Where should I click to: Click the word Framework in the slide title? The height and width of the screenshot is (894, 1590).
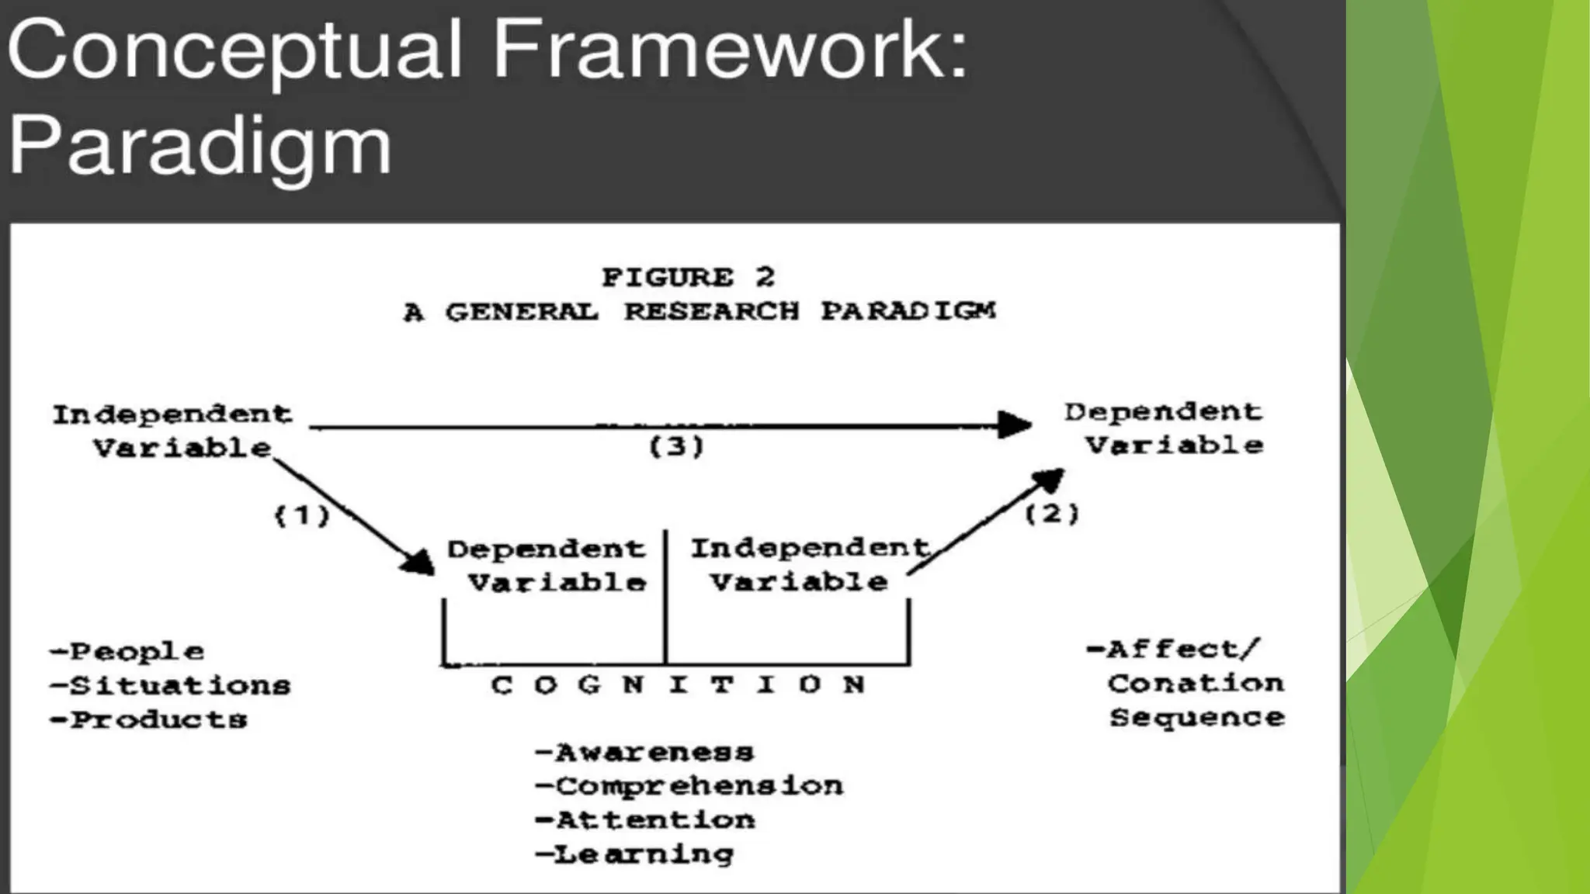[730, 50]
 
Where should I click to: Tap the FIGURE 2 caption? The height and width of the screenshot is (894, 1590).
[688, 277]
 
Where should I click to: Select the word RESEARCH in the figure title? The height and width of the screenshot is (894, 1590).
[711, 311]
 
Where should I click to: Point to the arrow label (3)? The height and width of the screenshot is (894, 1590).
[676, 446]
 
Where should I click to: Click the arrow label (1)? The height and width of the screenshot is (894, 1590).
[302, 515]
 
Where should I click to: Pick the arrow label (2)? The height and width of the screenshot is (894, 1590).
[1052, 513]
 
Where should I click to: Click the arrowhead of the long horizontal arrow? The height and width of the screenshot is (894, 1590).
[1015, 424]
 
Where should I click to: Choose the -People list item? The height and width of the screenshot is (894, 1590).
[127, 651]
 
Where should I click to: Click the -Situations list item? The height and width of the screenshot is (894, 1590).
[170, 685]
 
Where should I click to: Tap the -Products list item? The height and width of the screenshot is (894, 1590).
[148, 719]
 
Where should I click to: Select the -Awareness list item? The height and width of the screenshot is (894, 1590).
[644, 752]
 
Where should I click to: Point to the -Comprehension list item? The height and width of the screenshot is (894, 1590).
[689, 786]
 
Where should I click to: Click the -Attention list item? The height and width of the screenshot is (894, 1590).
[644, 819]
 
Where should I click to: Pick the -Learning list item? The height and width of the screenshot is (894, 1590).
[634, 854]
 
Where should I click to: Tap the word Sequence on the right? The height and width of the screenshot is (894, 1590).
[1196, 718]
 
